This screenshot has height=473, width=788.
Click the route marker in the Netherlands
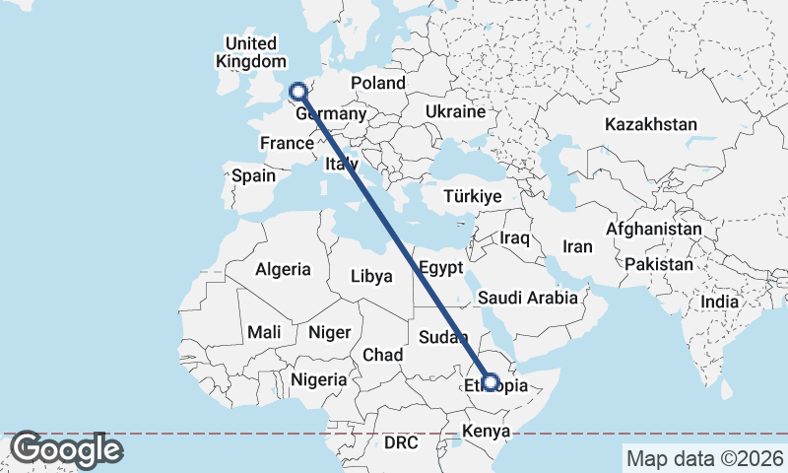[296, 93]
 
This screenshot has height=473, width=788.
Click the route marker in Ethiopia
[490, 382]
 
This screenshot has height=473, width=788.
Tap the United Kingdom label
[251, 52]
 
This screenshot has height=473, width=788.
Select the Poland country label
[377, 84]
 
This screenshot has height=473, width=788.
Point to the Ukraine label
[456, 112]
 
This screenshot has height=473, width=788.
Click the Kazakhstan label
[651, 125]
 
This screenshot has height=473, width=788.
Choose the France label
[287, 144]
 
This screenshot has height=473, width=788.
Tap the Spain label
[253, 176]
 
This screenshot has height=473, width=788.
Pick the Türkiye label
[473, 197]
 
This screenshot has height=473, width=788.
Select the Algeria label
[283, 269]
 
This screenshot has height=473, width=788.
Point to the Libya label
[371, 277]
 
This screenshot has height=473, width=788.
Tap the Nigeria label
[319, 379]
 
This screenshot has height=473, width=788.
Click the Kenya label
[486, 432]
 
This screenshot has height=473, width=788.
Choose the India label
[719, 303]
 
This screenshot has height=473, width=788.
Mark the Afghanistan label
[654, 230]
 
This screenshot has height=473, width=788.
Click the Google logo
[66, 450]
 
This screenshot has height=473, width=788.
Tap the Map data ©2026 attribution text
[705, 458]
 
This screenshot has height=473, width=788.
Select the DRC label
[401, 443]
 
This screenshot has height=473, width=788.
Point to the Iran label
[577, 246]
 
